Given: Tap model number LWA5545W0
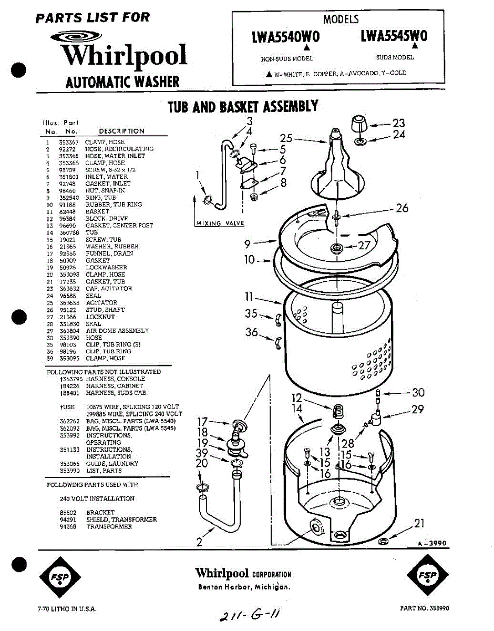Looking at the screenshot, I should [394, 36].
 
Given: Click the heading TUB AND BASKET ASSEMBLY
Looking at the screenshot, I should [243, 107].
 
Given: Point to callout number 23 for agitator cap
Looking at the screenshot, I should [399, 123].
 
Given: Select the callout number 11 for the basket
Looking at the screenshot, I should [250, 298].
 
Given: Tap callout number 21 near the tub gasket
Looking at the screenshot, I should [419, 523].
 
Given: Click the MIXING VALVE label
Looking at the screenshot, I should [220, 223].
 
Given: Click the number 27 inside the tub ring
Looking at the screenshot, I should [364, 245].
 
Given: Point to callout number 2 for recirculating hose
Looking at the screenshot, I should [199, 542].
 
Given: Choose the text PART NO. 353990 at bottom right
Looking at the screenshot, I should [424, 608].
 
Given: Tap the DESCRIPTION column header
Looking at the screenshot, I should [121, 131].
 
